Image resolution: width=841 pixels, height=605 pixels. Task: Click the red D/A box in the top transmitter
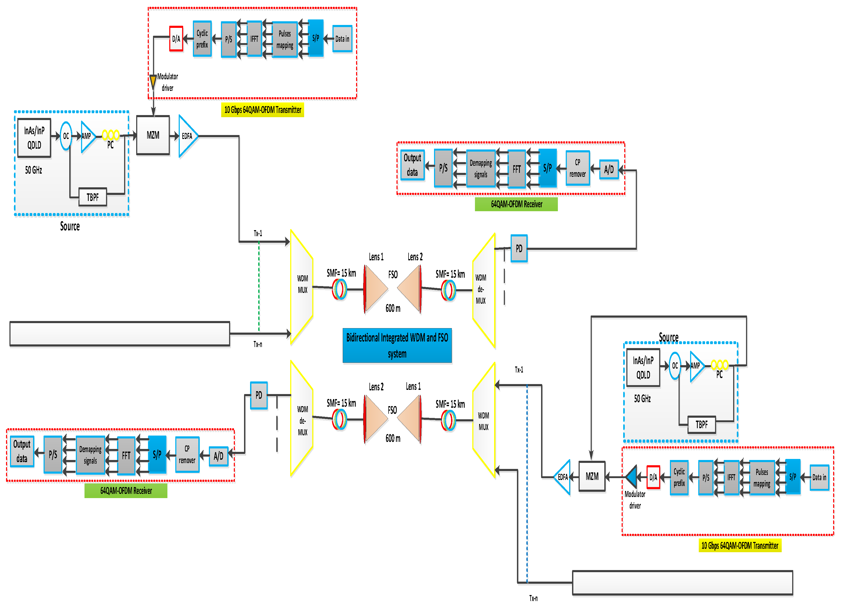click(176, 39)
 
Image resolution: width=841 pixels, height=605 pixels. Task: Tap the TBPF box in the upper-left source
click(93, 197)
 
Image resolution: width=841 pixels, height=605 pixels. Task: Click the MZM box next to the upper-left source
click(153, 135)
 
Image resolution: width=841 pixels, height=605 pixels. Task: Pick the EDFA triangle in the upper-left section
click(188, 136)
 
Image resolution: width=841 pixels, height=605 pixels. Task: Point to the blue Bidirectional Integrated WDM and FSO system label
click(397, 345)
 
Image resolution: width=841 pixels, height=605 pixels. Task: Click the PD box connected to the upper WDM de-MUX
click(519, 248)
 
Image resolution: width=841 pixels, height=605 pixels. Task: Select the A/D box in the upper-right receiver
click(609, 170)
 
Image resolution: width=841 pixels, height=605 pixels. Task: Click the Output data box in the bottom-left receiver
click(22, 451)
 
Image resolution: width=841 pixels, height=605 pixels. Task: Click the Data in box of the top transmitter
click(342, 39)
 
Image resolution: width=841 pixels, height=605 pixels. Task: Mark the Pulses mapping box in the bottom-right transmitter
click(762, 478)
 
